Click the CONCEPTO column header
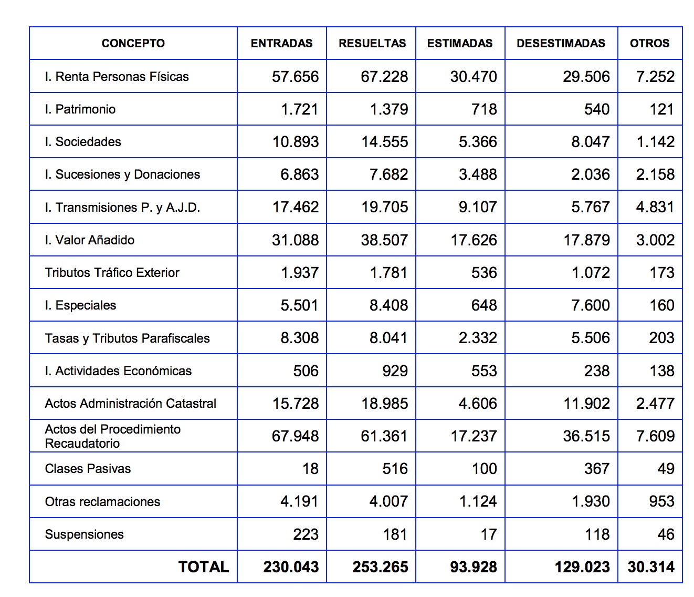coord(133,44)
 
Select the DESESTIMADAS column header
coord(561,44)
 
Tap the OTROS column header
coord(649,44)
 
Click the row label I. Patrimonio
coord(80,109)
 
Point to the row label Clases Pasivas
coord(88,469)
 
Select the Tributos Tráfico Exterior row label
coord(112,273)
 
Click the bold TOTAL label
coord(204,567)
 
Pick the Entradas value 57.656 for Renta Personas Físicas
coord(295,77)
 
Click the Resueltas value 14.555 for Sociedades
coord(384,142)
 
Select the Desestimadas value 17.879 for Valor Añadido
coord(586,240)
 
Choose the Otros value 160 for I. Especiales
coord(661,305)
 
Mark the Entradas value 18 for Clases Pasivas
coord(310,469)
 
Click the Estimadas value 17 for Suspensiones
coord(488,534)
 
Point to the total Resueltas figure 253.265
coord(380,567)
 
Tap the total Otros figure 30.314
coord(651,567)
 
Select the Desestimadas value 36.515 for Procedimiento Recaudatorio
coord(586,436)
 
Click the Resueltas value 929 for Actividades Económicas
coord(395,371)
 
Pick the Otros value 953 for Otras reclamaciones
coord(661,501)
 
